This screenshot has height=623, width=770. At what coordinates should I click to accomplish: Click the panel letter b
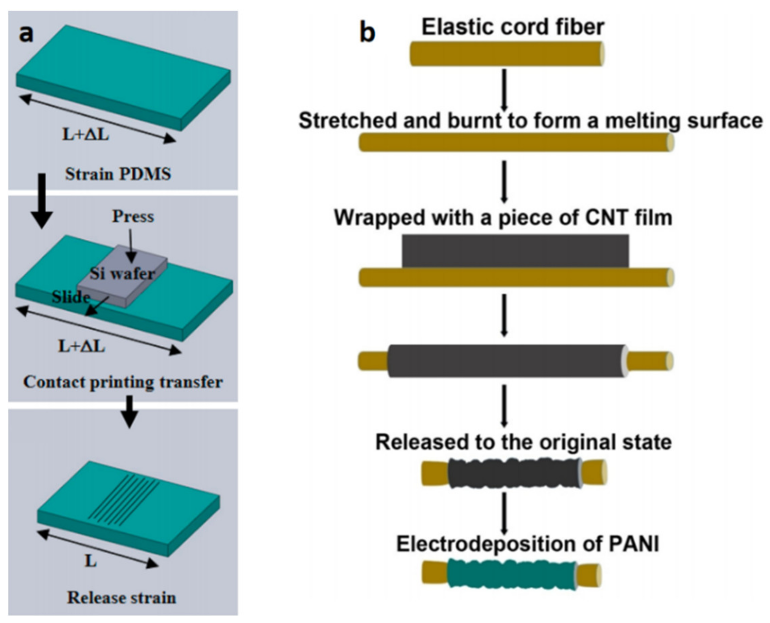click(367, 33)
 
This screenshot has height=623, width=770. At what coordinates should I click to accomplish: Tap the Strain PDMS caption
click(118, 174)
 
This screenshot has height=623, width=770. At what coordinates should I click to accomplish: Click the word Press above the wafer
click(133, 216)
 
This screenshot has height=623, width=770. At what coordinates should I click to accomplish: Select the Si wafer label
click(122, 274)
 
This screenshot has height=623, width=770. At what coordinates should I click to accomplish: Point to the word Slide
click(71, 297)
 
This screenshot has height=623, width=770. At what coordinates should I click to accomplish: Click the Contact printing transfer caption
click(123, 382)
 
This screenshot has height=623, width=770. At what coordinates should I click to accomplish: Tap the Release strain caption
click(122, 598)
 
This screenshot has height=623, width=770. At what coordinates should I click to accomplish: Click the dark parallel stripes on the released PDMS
click(124, 497)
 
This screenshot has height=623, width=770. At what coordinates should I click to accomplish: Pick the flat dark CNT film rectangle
click(515, 251)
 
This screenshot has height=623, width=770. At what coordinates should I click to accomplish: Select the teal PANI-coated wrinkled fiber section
click(512, 574)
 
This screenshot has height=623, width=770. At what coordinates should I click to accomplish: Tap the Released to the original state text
click(523, 442)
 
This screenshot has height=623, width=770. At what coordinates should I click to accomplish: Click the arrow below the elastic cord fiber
click(504, 90)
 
